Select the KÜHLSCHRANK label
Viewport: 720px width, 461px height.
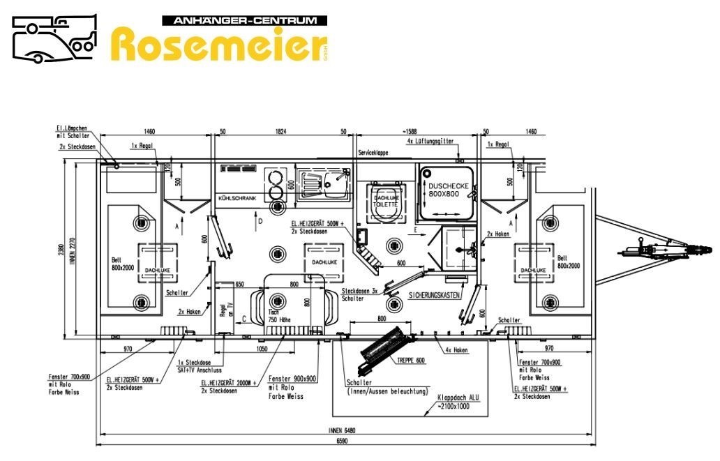click(x=237, y=198)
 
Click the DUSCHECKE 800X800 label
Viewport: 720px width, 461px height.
click(x=449, y=190)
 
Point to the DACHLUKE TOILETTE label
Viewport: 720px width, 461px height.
click(x=385, y=202)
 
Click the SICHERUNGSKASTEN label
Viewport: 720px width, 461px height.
click(x=434, y=295)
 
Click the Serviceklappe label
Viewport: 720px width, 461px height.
click(x=373, y=152)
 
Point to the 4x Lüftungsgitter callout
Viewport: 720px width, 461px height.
click(x=430, y=141)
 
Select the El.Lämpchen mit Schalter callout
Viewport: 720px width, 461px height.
click(x=73, y=131)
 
